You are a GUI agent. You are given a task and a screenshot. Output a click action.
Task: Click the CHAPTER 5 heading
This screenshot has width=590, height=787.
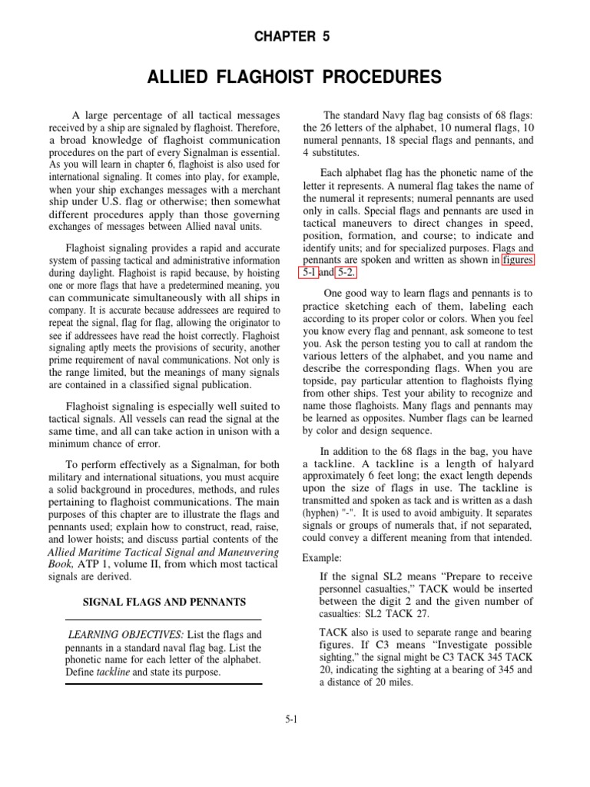295,36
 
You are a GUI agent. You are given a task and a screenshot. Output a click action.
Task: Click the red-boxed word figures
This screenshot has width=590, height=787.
517,260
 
